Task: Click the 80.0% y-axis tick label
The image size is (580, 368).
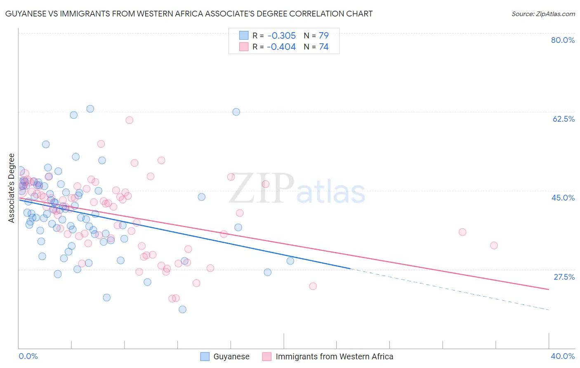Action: (563, 40)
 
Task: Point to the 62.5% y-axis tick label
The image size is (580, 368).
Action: (563, 119)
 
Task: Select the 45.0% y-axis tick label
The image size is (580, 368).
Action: (563, 198)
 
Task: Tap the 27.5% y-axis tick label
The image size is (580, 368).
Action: (563, 277)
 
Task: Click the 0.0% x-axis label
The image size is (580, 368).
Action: (28, 356)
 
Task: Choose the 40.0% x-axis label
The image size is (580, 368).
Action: (562, 356)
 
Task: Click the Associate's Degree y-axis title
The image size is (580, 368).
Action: (12, 188)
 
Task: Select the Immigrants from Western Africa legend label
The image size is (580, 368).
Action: (334, 356)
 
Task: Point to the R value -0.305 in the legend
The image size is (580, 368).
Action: (281, 35)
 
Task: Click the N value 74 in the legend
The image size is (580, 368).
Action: (324, 47)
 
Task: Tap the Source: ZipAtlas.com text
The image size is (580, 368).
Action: (543, 14)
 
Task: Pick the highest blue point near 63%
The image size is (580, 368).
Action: (90, 109)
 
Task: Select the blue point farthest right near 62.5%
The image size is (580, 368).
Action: (236, 112)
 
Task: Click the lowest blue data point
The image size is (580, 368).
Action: (182, 309)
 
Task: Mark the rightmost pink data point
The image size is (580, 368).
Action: (494, 245)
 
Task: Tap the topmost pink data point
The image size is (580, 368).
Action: (129, 120)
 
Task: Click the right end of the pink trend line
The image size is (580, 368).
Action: (549, 289)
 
